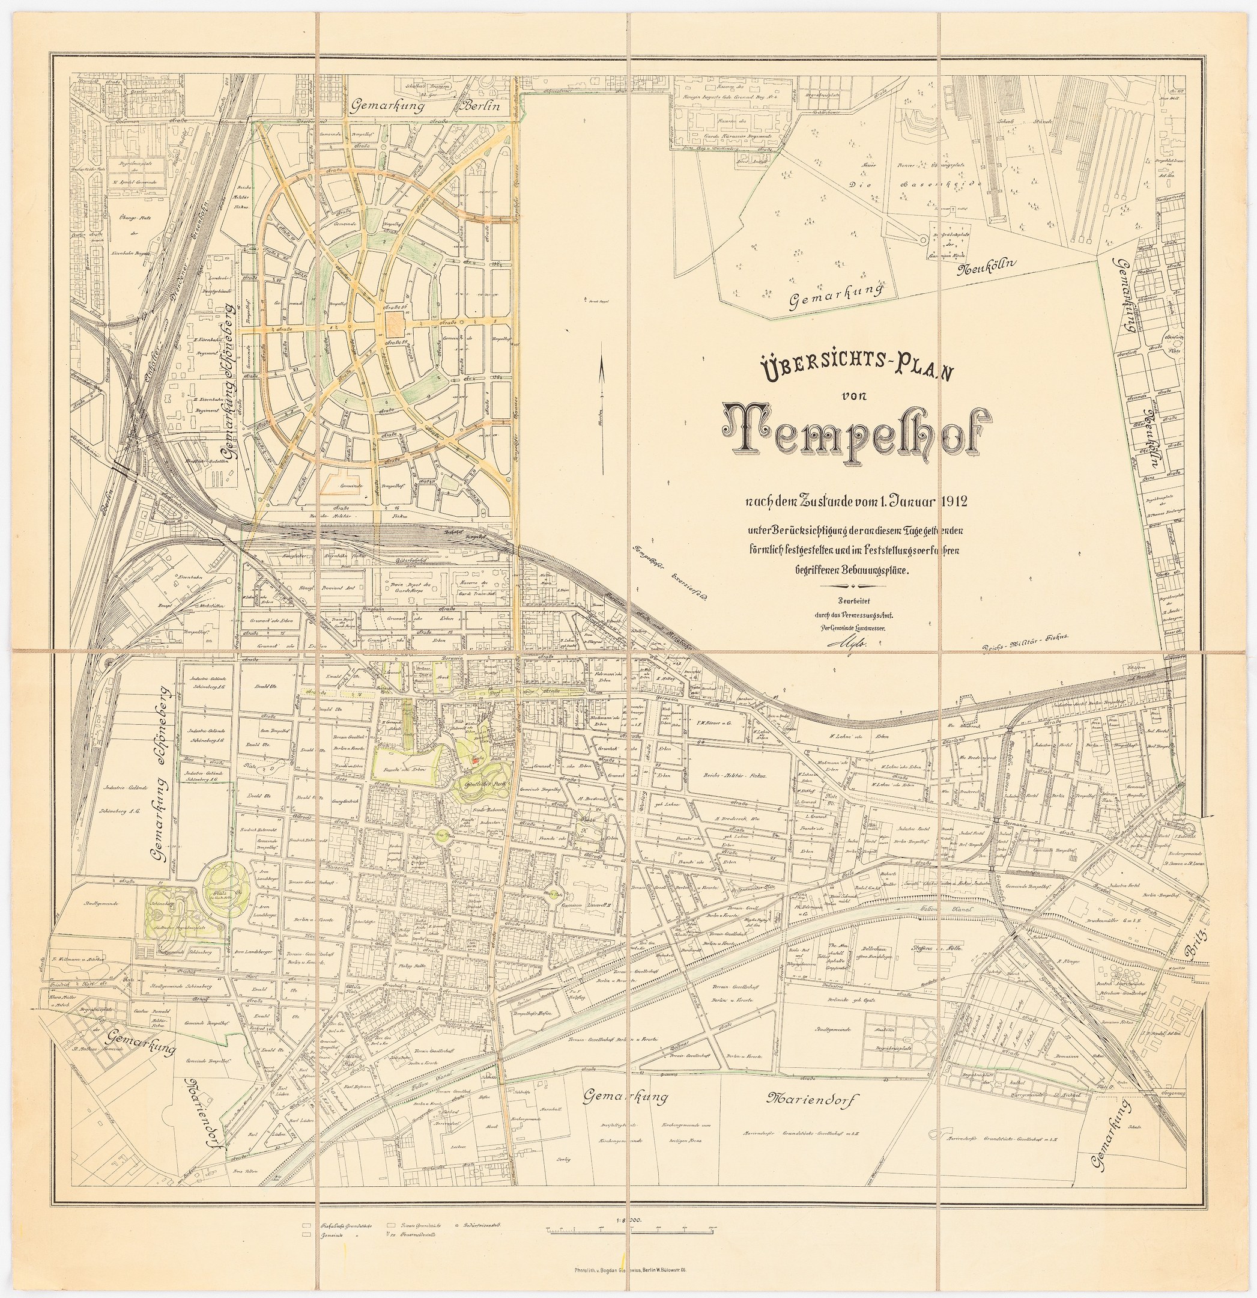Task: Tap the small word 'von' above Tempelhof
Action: [849, 395]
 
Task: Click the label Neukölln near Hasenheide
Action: [986, 267]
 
